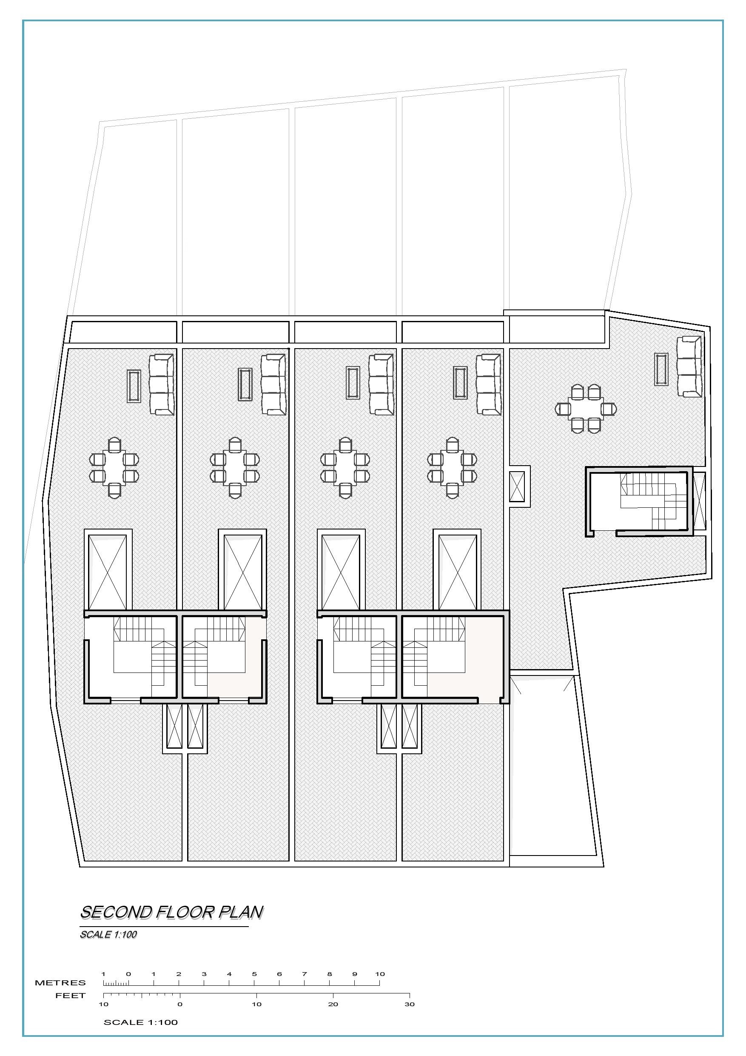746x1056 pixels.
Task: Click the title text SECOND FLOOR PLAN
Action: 172,913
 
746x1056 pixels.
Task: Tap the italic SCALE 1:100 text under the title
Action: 108,934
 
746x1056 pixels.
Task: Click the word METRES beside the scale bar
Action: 60,983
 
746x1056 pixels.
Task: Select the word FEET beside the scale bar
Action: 70,995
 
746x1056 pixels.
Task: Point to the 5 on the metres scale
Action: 254,974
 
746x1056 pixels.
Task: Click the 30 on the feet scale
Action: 410,1004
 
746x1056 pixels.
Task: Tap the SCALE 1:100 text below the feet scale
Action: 141,1022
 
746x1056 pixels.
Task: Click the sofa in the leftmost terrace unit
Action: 161,384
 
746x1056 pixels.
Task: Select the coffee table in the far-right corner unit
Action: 661,369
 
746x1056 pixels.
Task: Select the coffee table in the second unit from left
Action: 245,384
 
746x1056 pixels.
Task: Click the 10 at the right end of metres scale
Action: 380,974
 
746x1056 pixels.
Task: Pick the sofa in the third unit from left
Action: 382,384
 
